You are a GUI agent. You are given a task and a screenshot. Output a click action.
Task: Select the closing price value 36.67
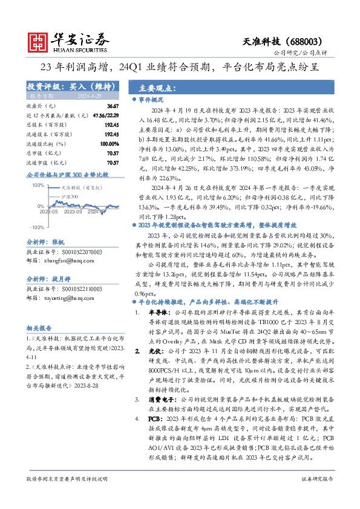pyautogui.click(x=113, y=106)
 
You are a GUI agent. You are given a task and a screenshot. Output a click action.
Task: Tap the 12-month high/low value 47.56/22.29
pyautogui.click(x=106, y=114)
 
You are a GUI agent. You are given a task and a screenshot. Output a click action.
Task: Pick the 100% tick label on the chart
pyautogui.click(x=38, y=186)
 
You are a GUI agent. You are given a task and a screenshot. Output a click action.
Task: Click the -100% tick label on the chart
pyautogui.click(x=36, y=227)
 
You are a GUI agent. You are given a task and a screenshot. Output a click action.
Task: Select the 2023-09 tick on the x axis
pyautogui.click(x=72, y=212)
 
